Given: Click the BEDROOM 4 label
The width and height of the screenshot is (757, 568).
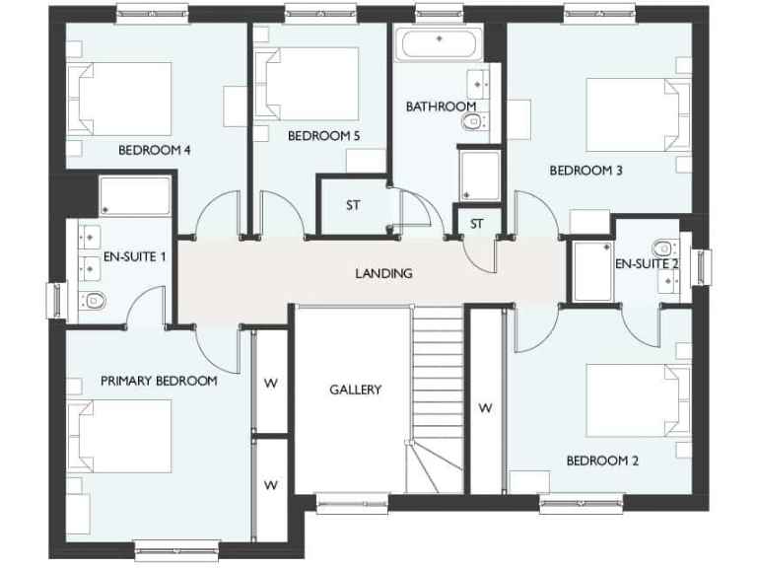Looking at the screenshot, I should pyautogui.click(x=154, y=151).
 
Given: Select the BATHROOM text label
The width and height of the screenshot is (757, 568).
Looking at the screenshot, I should pyautogui.click(x=441, y=106).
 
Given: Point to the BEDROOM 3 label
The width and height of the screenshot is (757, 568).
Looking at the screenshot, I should pyautogui.click(x=585, y=170).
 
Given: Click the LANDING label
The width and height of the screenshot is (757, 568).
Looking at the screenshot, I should pyautogui.click(x=383, y=273).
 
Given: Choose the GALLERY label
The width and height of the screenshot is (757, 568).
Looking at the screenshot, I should pyautogui.click(x=355, y=390).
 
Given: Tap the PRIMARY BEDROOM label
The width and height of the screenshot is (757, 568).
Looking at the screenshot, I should pyautogui.click(x=159, y=380).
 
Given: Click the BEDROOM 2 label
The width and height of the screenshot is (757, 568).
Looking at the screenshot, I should pyautogui.click(x=602, y=461).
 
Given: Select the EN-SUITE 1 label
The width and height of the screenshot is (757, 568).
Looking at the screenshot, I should pyautogui.click(x=135, y=256).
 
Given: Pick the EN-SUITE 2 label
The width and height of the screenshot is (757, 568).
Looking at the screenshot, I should pyautogui.click(x=648, y=264).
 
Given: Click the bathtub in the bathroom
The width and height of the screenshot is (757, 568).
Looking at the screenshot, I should pyautogui.click(x=439, y=44).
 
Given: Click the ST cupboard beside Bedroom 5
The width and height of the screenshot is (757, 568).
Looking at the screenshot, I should pyautogui.click(x=352, y=206).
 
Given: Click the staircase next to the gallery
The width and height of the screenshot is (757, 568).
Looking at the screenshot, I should pyautogui.click(x=435, y=394).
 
